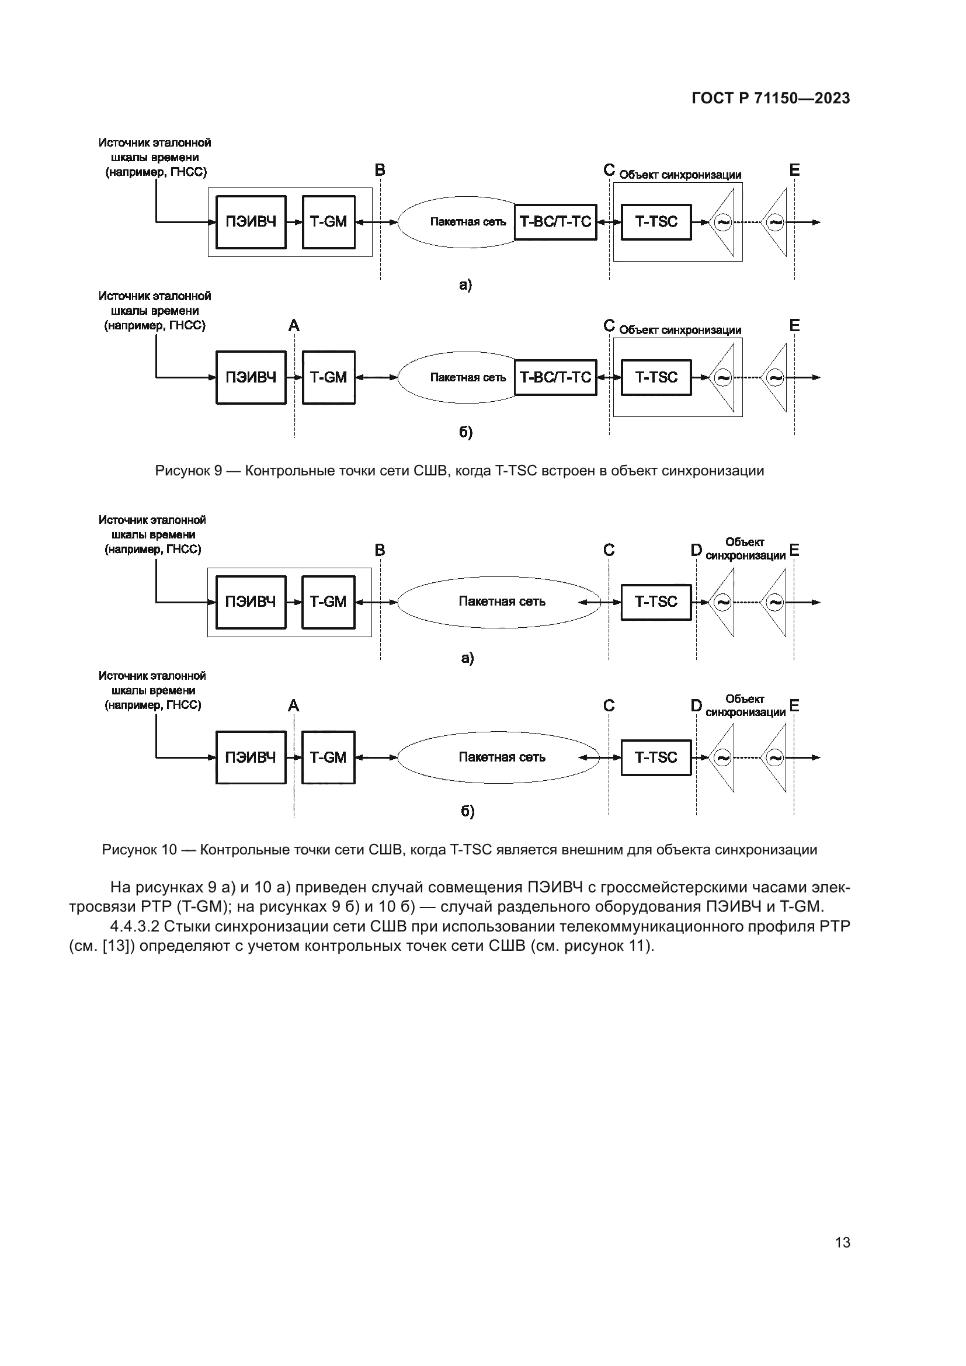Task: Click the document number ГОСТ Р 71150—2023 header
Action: coord(771,99)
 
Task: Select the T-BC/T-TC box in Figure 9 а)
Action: coord(555,222)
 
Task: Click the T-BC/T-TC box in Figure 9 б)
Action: coord(555,377)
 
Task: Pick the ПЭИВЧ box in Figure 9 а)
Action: coord(251,222)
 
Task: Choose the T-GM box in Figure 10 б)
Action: coord(328,757)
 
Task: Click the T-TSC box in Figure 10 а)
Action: coord(656,602)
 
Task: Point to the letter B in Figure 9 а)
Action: coord(380,171)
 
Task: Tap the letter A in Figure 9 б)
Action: coord(294,326)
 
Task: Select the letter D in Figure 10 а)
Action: coord(696,550)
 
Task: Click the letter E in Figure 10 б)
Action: coord(794,706)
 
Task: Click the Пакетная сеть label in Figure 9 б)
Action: coord(468,378)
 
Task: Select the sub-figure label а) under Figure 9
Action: coord(465,285)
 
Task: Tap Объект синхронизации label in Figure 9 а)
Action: coord(680,175)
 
